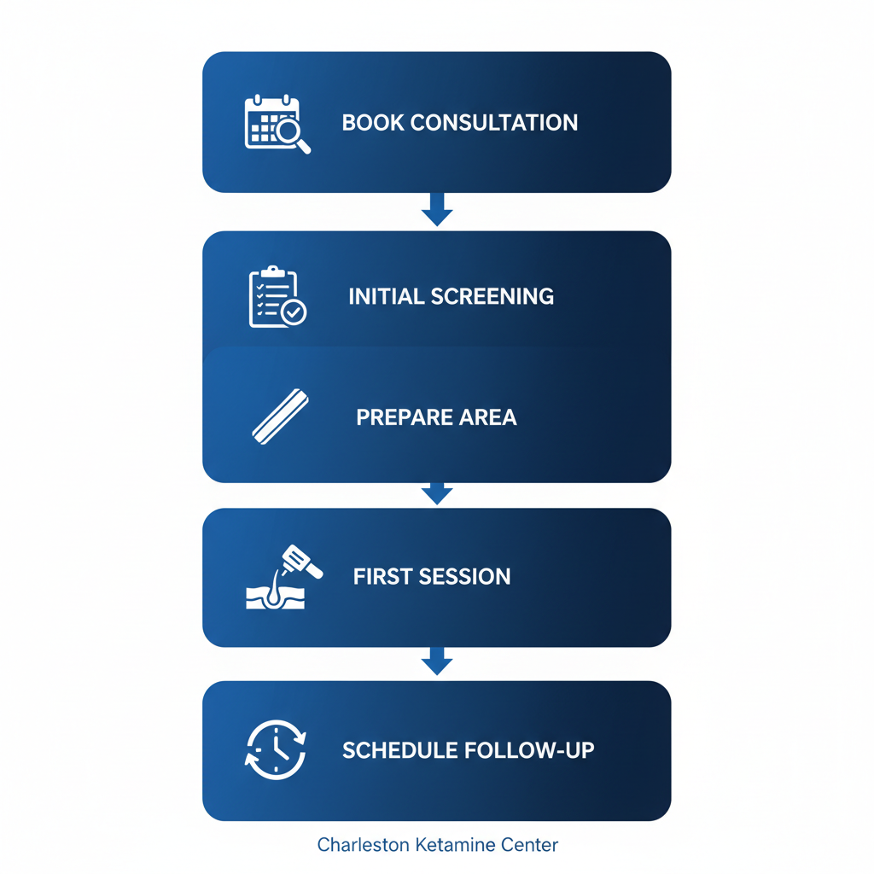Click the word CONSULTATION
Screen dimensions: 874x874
pos(494,123)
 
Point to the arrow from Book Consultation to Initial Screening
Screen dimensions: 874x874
pos(437,210)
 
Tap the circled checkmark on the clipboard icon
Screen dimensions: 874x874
pos(294,313)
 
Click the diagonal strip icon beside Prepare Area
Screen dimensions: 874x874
pos(280,417)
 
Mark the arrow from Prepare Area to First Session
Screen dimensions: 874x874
pos(437,493)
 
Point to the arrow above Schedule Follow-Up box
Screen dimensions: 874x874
pos(437,661)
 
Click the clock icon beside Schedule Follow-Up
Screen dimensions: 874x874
pos(275,750)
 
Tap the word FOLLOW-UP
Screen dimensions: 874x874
pos(529,751)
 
